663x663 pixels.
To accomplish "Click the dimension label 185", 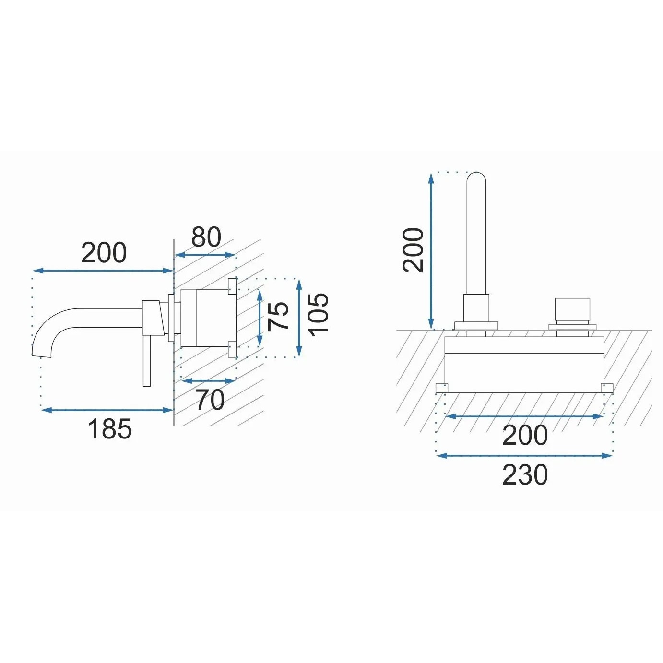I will point(109,429).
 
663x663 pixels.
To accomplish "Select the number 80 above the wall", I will point(206,237).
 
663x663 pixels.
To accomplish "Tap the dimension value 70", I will point(210,400).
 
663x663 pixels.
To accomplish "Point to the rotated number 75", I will point(279,316).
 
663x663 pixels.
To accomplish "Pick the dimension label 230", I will point(525,475).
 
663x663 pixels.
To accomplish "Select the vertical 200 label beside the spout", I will point(414,250).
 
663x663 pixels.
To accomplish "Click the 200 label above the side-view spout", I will point(104,253).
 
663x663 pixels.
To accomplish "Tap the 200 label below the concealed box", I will point(525,435).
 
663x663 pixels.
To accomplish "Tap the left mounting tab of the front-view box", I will point(441,388).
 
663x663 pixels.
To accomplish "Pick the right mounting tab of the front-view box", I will point(607,388).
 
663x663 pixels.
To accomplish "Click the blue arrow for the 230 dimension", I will point(524,456).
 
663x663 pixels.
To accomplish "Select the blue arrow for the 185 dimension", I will point(107,410).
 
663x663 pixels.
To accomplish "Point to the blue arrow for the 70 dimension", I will point(209,381).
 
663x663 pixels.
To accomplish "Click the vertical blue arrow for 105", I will point(299,318).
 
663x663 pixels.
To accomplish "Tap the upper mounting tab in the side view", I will point(232,285).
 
